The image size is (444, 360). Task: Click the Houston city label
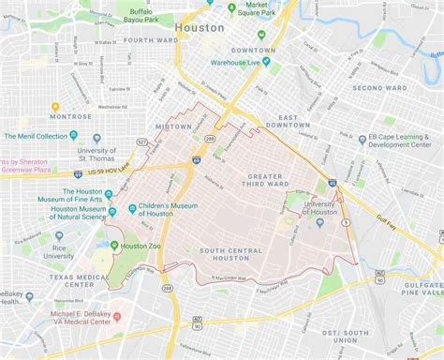pyautogui.click(x=200, y=27)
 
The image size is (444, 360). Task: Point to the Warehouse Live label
pyautogui.click(x=235, y=63)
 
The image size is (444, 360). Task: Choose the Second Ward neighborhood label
pyautogui.click(x=378, y=88)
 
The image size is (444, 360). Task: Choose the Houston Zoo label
pyautogui.click(x=141, y=246)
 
